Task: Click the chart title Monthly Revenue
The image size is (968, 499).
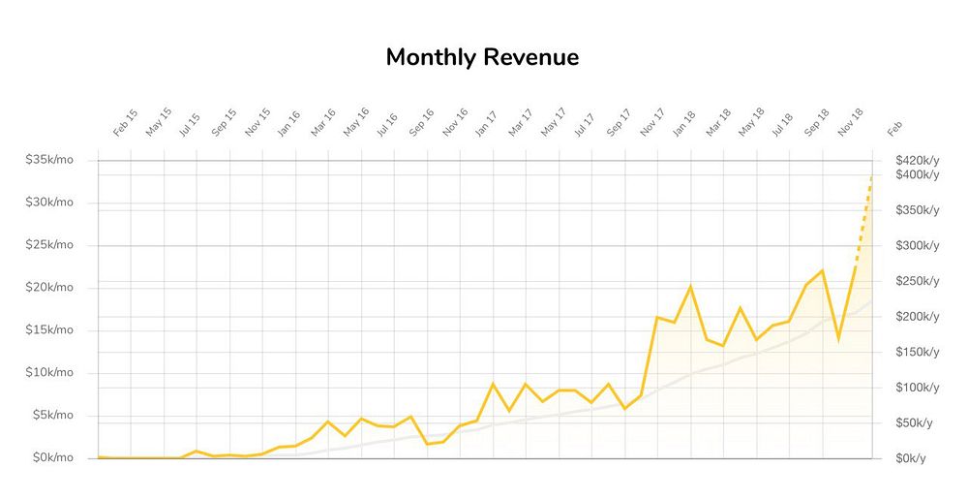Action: coord(482,57)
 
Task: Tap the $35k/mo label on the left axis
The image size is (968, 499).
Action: coord(49,160)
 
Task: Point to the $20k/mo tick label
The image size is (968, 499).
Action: coord(49,288)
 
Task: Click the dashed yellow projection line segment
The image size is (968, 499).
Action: coord(863,220)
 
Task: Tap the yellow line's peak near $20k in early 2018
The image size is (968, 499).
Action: coord(690,287)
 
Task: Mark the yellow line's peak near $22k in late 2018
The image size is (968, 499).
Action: coord(822,271)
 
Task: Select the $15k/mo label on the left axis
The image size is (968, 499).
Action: coord(49,330)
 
